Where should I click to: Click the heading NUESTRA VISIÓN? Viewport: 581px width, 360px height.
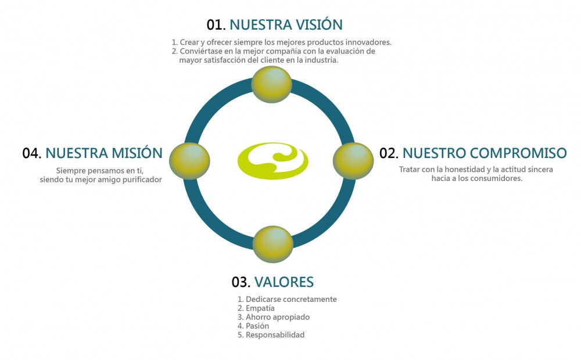click(x=286, y=24)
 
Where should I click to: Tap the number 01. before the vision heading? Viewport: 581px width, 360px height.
click(x=216, y=24)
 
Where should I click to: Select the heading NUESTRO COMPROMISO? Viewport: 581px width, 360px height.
click(x=485, y=153)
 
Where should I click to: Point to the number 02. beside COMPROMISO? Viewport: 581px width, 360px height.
click(x=389, y=153)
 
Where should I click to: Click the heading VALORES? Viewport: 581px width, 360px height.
click(x=284, y=282)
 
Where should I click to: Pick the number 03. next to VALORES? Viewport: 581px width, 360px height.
click(x=241, y=282)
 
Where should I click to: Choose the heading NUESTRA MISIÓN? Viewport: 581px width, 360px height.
click(x=104, y=153)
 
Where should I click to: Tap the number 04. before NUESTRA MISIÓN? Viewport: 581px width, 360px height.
click(x=32, y=153)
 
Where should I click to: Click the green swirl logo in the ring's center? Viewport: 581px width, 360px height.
click(x=273, y=160)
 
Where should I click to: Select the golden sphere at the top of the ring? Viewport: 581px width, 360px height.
click(x=271, y=84)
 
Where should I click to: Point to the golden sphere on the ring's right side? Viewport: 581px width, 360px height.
click(x=353, y=160)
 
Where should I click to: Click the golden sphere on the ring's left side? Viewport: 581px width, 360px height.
click(x=189, y=160)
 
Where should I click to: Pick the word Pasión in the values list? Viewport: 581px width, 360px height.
click(x=257, y=326)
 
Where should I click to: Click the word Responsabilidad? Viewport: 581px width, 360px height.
click(x=275, y=335)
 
